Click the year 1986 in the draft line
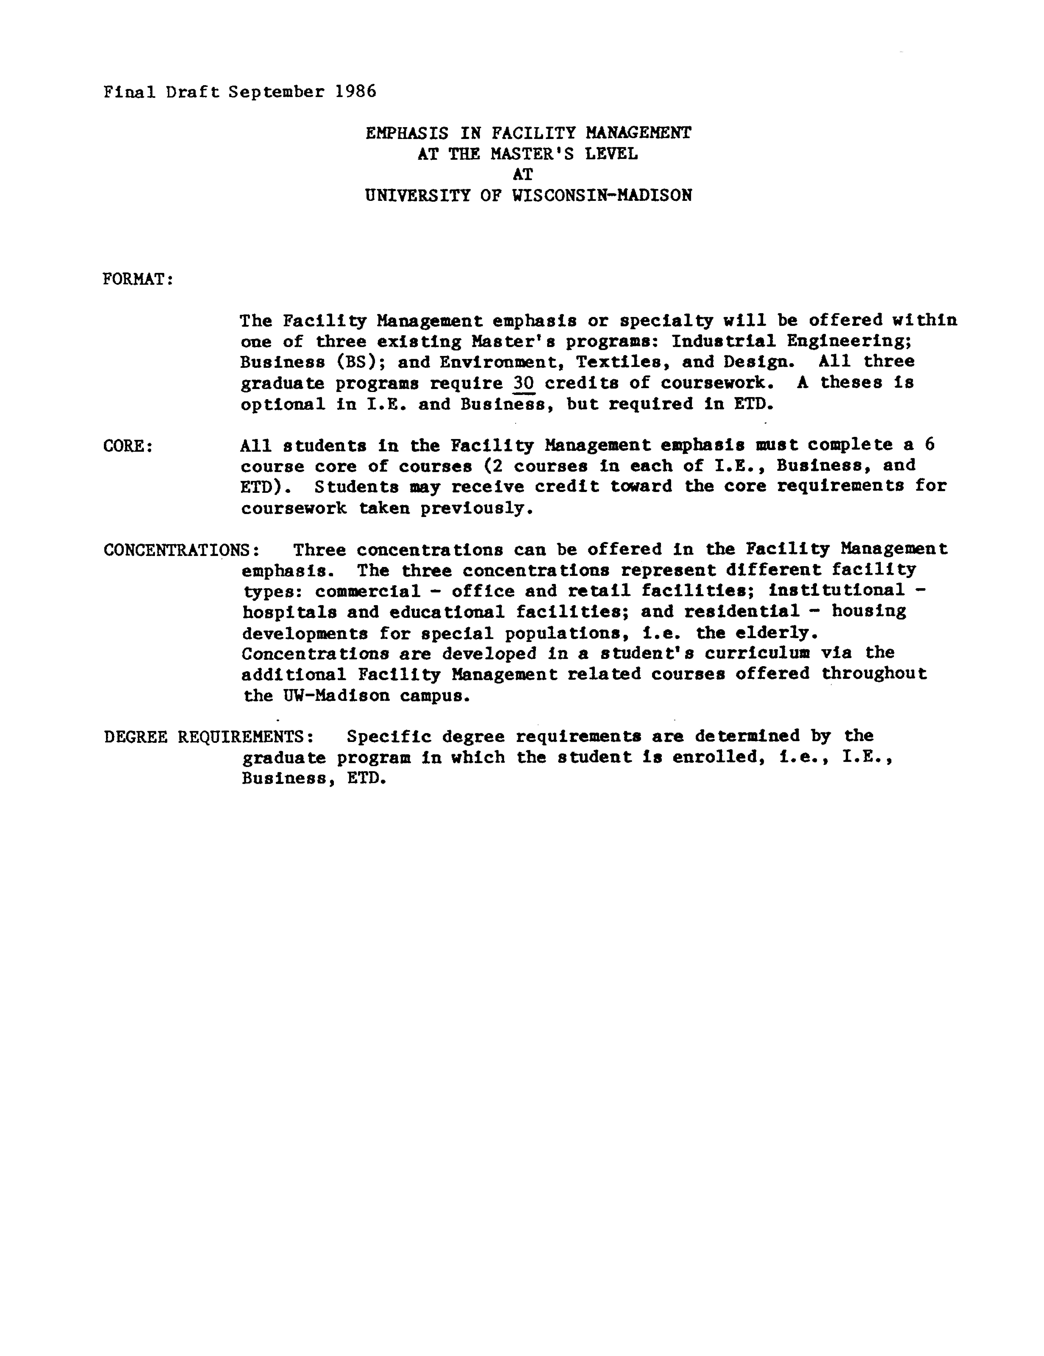[355, 92]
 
